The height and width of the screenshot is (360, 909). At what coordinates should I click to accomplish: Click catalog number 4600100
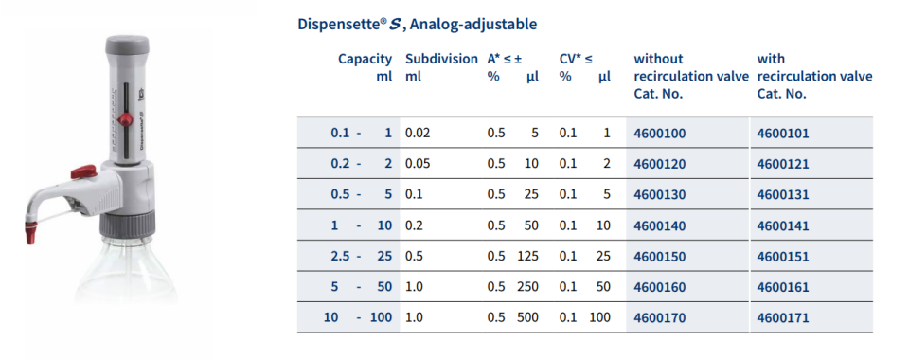[659, 134]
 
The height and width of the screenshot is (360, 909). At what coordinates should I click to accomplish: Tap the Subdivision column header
[441, 59]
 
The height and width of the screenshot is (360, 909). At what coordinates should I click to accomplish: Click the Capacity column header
[365, 59]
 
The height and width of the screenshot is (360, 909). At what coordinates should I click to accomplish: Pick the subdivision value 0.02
[418, 134]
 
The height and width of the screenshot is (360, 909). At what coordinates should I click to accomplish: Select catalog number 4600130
[659, 195]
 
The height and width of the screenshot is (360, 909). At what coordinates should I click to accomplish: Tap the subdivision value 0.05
[418, 164]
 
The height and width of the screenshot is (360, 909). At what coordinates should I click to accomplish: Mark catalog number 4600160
[659, 287]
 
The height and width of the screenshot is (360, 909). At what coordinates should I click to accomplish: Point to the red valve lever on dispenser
[85, 171]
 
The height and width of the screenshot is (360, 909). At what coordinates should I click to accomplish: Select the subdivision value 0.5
[414, 257]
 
